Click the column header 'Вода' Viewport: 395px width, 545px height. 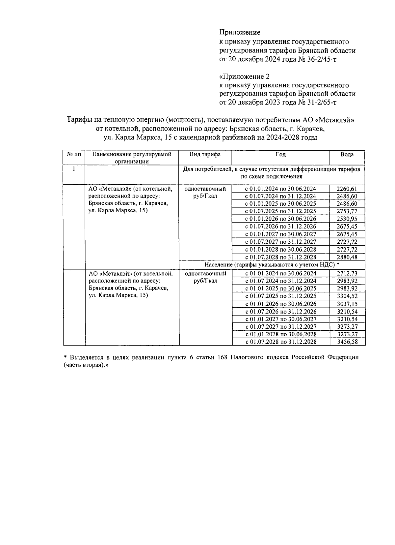(347, 154)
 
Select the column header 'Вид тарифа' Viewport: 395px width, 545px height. (205, 154)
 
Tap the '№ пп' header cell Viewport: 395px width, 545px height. (74, 154)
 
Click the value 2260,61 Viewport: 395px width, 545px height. (347, 189)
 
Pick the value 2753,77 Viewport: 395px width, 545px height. (347, 211)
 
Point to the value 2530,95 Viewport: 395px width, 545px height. (347, 219)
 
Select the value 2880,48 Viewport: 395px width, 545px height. (347, 257)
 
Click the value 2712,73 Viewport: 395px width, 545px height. (347, 273)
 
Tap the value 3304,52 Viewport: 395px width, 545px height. (347, 296)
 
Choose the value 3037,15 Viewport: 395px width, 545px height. (347, 304)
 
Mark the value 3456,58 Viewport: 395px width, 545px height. (347, 342)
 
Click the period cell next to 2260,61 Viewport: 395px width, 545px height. (280, 189)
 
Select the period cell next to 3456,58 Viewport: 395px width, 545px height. (281, 342)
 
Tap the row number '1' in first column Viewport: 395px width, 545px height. (74, 169)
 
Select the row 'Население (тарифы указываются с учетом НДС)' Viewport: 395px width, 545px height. (272, 265)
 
